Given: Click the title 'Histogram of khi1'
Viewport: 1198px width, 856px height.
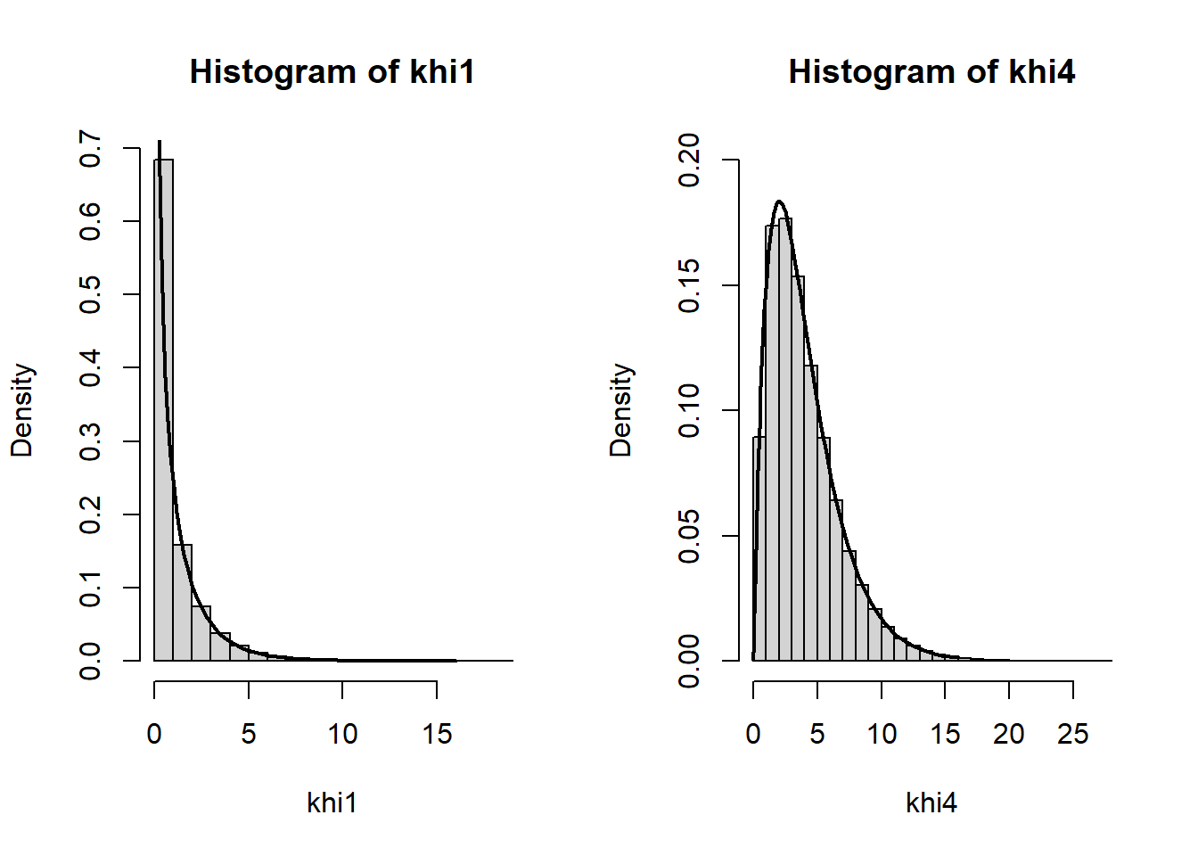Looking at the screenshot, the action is [x=332, y=71].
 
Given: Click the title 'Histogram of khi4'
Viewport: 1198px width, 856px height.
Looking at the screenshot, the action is [x=931, y=71].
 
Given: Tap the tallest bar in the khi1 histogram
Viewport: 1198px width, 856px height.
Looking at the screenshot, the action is [x=164, y=410].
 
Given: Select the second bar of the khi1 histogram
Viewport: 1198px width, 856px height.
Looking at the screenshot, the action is [x=183, y=603].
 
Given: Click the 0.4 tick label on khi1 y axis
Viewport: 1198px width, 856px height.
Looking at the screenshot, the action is [x=90, y=368].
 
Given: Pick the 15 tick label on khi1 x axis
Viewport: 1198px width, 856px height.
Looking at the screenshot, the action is [x=437, y=734].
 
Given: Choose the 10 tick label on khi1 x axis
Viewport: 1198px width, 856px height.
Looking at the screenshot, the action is [x=342, y=734].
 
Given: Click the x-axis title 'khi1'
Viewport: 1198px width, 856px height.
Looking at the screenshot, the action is [x=332, y=802].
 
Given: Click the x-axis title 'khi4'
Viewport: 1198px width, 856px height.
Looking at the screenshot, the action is [x=931, y=802].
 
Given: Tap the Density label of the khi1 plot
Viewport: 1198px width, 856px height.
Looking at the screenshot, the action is [x=22, y=410].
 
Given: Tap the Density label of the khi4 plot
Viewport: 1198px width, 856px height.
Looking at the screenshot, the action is [x=621, y=410].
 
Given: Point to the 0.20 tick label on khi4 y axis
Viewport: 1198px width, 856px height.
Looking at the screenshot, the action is [x=689, y=160].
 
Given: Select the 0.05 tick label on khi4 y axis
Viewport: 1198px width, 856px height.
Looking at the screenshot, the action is [x=689, y=536].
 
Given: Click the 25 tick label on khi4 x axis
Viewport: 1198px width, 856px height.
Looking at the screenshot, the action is [x=1073, y=734].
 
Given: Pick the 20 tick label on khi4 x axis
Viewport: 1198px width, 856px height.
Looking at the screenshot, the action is [x=1009, y=734].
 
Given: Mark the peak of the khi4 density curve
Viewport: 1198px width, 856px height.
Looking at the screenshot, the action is [x=779, y=202].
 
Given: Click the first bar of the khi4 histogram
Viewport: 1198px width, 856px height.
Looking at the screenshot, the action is [x=759, y=549].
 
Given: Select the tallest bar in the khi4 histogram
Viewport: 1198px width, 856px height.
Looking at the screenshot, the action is [x=785, y=440].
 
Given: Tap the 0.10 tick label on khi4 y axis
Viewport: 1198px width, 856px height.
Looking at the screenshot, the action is [x=689, y=410].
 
